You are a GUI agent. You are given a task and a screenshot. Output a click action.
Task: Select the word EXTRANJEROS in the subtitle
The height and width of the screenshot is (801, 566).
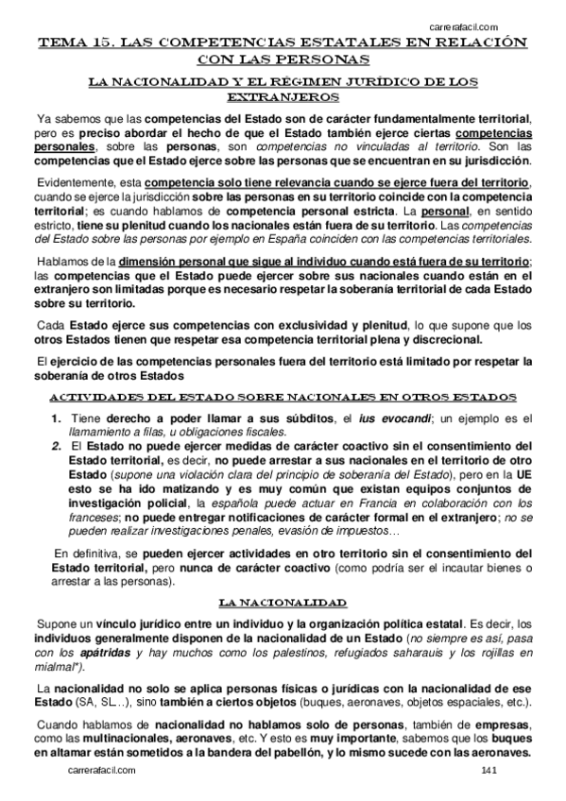[x=283, y=96]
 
